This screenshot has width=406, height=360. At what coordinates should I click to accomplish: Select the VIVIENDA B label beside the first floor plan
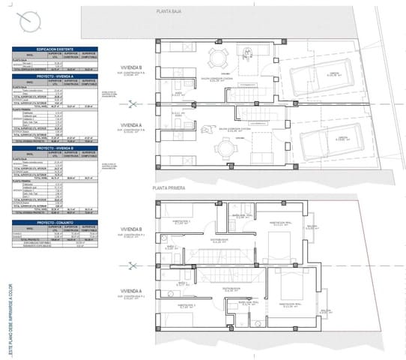(131, 230)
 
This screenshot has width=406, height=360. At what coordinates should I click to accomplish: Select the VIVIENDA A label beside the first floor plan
(131, 292)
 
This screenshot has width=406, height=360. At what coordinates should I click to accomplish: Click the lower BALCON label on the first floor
(324, 309)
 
